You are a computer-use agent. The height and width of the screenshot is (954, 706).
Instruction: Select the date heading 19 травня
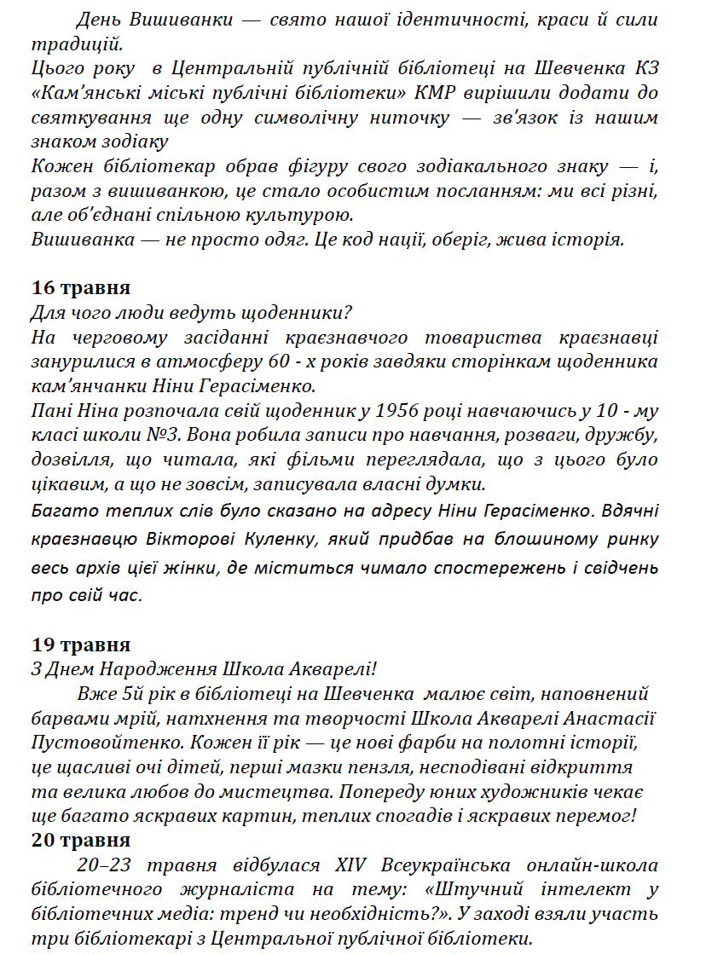pyautogui.click(x=80, y=645)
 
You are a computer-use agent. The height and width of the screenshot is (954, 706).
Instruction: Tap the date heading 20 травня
pyautogui.click(x=80, y=840)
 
